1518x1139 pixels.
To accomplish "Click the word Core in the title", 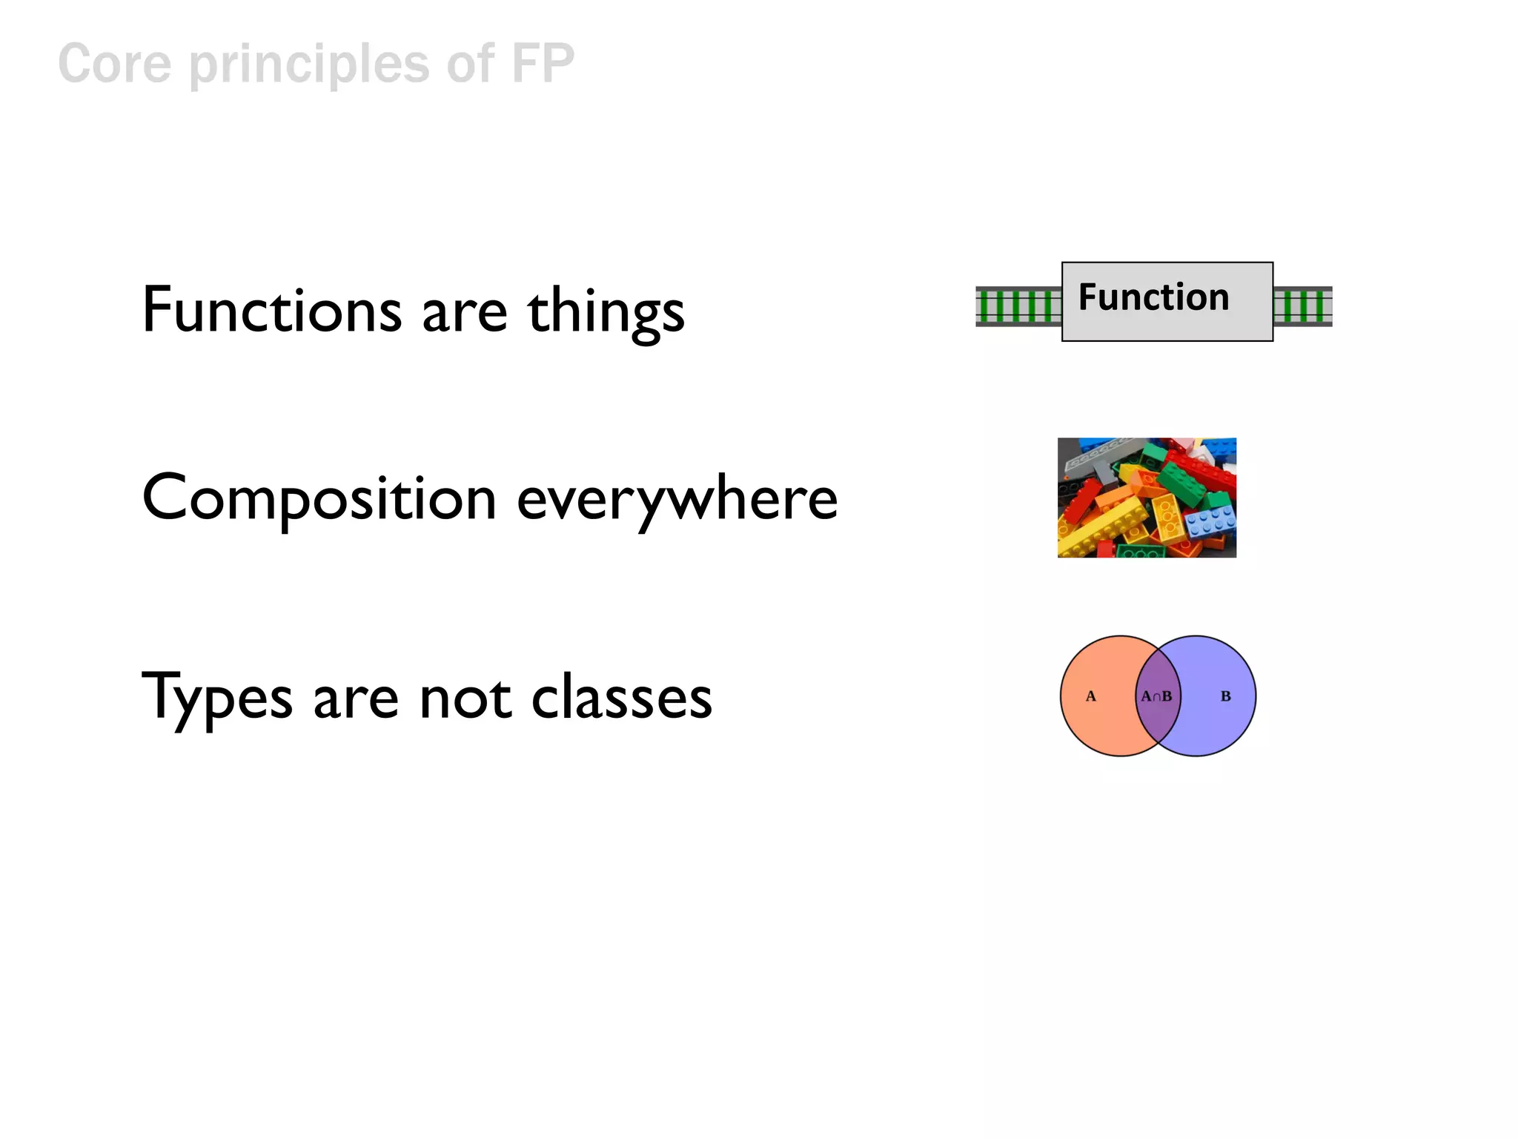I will pyautogui.click(x=114, y=64).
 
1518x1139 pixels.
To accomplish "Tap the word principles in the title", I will pyautogui.click(x=309, y=65).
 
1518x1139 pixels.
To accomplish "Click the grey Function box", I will pyautogui.click(x=1167, y=302).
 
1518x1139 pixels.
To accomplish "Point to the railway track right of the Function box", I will pyautogui.click(x=1302, y=306).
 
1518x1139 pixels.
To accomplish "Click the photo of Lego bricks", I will pyautogui.click(x=1147, y=498).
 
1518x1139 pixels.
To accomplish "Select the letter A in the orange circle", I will pyautogui.click(x=1090, y=696).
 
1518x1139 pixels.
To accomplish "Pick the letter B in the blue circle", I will pyautogui.click(x=1225, y=696).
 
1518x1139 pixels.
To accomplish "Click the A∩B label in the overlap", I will pyautogui.click(x=1156, y=696).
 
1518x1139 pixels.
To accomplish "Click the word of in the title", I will pyautogui.click(x=470, y=64).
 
